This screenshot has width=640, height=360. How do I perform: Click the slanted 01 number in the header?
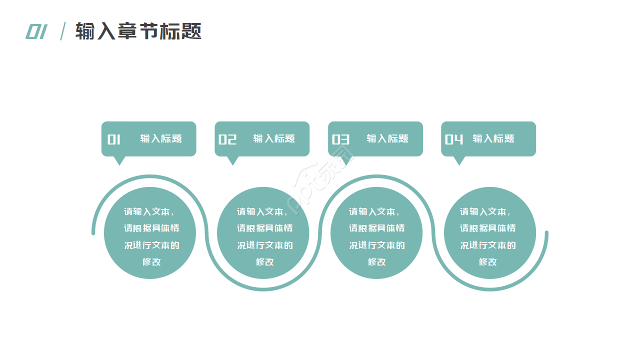pyautogui.click(x=36, y=31)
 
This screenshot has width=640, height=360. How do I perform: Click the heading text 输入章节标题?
pyautogui.click(x=138, y=31)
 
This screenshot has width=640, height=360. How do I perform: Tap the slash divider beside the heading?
pyautogui.click(x=63, y=31)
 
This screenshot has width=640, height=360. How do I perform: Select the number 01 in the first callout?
pyautogui.click(x=114, y=139)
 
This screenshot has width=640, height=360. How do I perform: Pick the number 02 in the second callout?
pyautogui.click(x=227, y=139)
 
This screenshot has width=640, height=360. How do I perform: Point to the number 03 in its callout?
pyautogui.click(x=340, y=139)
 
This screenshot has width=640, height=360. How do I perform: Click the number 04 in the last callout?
pyautogui.click(x=454, y=139)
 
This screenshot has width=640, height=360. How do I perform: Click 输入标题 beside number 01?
pyautogui.click(x=161, y=139)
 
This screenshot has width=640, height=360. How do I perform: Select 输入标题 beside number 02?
pyautogui.click(x=274, y=139)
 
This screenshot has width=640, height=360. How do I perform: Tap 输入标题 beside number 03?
pyautogui.click(x=387, y=139)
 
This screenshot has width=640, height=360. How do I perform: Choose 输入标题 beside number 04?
pyautogui.click(x=493, y=139)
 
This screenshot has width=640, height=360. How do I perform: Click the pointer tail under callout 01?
pyautogui.click(x=119, y=160)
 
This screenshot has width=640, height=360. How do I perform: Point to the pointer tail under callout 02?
pyautogui.click(x=232, y=160)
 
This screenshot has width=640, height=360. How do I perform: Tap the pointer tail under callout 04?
pyautogui.click(x=459, y=160)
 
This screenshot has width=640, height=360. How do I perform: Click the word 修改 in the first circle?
pyautogui.click(x=151, y=261)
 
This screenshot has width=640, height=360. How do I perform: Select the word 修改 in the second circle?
pyautogui.click(x=264, y=261)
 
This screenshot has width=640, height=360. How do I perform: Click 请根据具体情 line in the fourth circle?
pyautogui.click(x=487, y=228)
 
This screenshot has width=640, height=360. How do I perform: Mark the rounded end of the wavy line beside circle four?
pyautogui.click(x=546, y=233)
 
